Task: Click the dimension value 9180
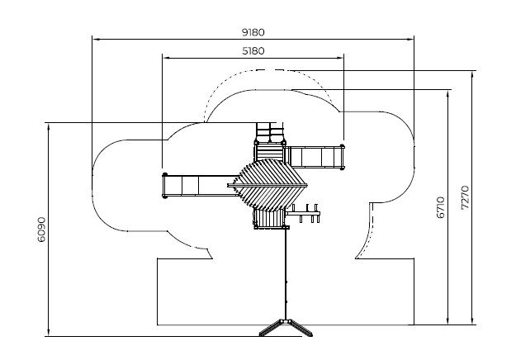pyautogui.click(x=253, y=32)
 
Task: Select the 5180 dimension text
pyautogui.click(x=253, y=51)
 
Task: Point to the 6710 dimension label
pyautogui.click(x=440, y=206)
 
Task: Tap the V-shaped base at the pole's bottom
pyautogui.click(x=286, y=327)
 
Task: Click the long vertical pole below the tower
pyautogui.click(x=286, y=272)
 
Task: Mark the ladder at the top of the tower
pyautogui.click(x=267, y=132)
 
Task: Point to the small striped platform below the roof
pyautogui.click(x=267, y=218)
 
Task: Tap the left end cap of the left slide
pyautogui.click(x=165, y=186)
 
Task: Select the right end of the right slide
pyautogui.click(x=341, y=155)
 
